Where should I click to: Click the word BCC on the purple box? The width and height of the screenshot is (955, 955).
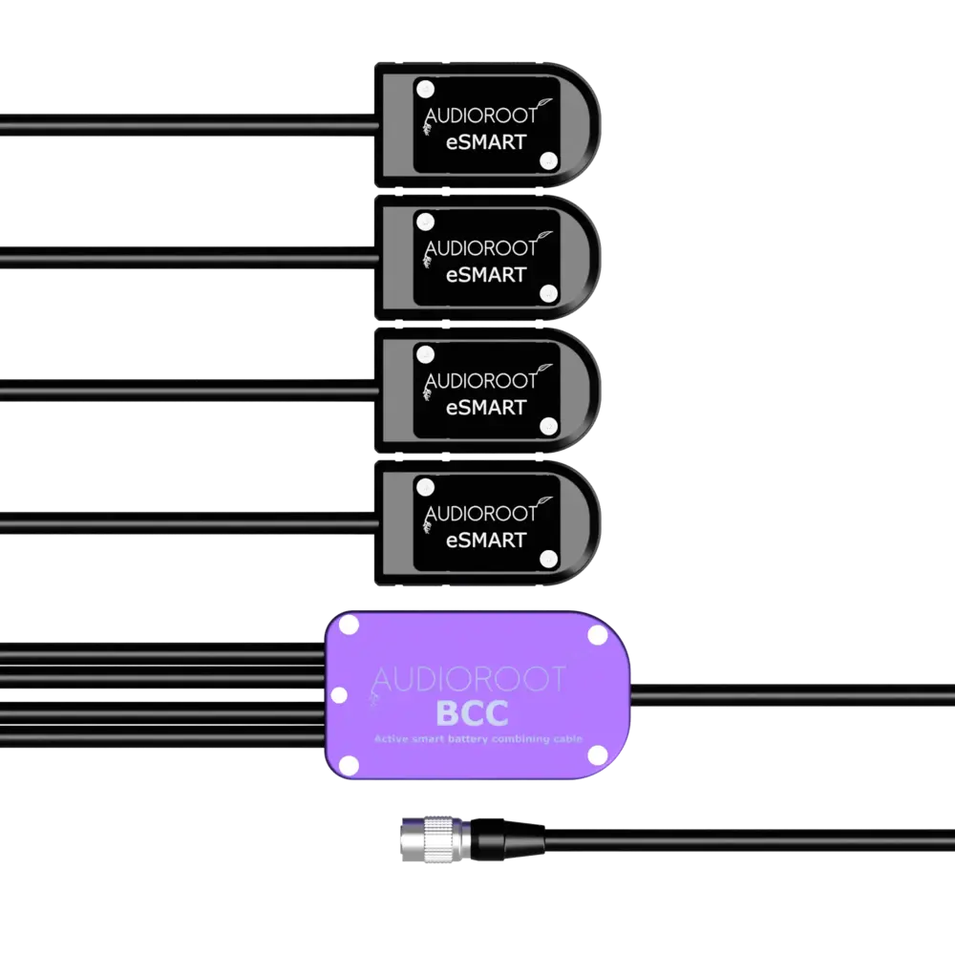point(471,714)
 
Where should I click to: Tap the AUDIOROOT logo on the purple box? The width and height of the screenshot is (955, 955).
point(467,679)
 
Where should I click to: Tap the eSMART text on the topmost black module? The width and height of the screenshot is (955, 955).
point(486,141)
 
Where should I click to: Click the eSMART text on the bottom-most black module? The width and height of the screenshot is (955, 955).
point(486,540)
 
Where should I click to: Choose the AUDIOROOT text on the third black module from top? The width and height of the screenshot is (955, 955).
point(479,381)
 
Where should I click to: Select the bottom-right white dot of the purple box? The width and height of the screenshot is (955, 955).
point(598,754)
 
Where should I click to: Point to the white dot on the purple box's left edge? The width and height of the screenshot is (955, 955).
point(337,695)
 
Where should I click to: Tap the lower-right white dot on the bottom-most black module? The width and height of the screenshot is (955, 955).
point(547,559)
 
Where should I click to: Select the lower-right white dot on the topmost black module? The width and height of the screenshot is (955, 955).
point(547,161)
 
